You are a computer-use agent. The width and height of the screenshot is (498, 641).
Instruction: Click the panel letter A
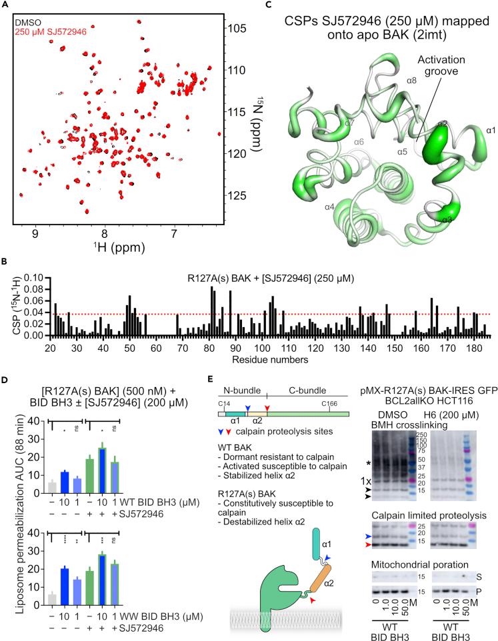click(5, 5)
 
